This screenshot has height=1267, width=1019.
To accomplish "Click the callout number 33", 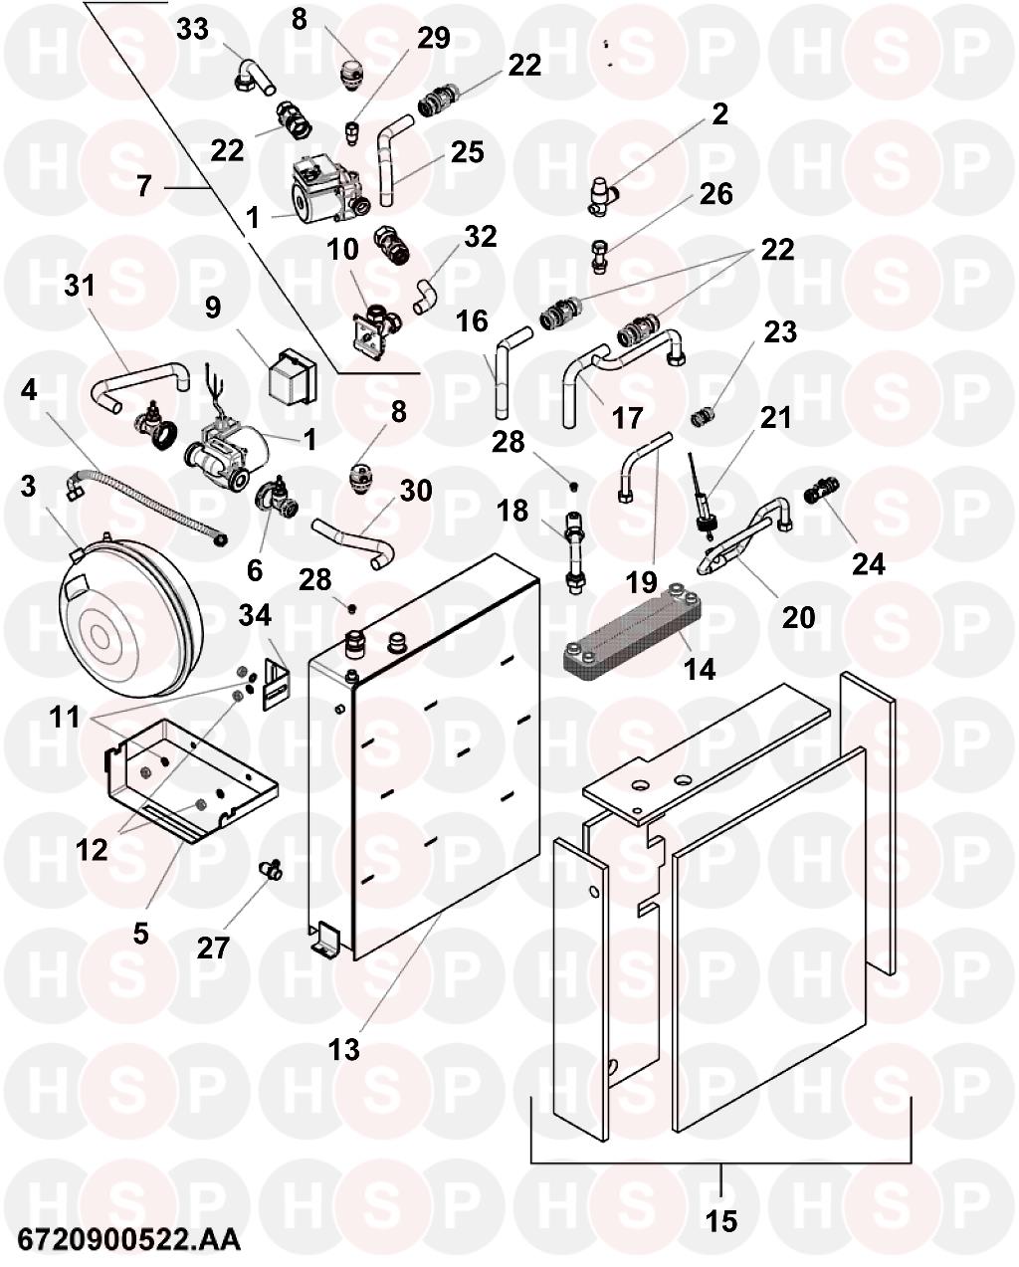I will [192, 29].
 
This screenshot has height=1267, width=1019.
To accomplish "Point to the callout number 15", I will [721, 1218].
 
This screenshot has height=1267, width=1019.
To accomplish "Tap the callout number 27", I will [214, 947].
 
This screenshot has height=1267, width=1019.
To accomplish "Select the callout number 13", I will [344, 1048].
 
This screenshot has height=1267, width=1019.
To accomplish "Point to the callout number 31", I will [79, 287].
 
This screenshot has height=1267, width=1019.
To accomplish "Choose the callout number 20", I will [798, 617].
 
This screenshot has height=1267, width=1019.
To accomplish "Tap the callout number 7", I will [144, 185].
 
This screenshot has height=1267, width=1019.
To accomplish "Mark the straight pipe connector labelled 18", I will [573, 552].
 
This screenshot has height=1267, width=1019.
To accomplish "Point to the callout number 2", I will [719, 114].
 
